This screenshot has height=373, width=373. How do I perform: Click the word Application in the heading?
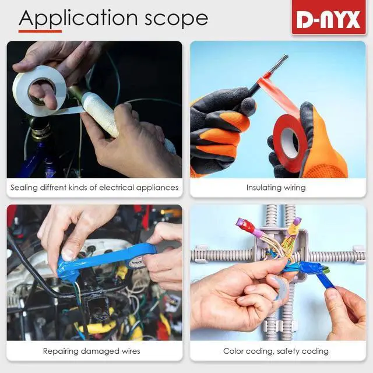point(78,19)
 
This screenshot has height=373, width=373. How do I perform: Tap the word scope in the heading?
point(177,19)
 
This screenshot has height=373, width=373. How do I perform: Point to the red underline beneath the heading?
point(40,31)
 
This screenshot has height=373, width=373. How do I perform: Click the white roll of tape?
point(39,91)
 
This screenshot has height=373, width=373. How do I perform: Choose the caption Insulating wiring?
point(276,188)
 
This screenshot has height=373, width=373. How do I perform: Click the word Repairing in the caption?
point(61,351)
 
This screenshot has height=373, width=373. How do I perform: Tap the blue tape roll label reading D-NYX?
point(136,262)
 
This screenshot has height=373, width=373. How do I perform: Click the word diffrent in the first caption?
point(53,188)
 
